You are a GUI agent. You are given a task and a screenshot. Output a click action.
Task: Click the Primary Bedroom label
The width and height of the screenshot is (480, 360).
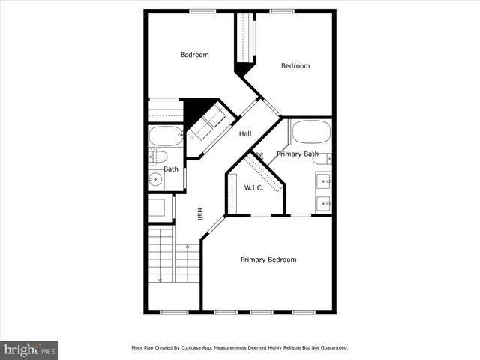point(268,259)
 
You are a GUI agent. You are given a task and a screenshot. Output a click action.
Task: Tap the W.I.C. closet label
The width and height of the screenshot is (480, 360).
point(253,187)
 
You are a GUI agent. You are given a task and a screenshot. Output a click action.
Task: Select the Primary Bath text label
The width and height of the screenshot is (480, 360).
point(297,154)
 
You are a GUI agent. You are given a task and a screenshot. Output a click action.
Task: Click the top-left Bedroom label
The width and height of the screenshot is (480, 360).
point(194,55)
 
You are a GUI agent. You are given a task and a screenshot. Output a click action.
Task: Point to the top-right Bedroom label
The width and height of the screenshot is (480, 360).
point(295,66)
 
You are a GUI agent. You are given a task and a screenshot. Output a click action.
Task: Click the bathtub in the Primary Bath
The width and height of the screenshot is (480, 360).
point(310,132)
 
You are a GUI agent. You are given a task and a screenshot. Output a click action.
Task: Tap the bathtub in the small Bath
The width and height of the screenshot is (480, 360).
point(166,136)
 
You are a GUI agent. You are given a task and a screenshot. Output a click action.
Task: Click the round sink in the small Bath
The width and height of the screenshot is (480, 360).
point(155,178)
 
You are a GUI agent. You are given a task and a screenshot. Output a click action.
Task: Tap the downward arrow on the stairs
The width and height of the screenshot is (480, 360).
point(160,279)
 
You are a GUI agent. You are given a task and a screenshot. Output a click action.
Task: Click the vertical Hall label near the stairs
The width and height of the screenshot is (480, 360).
point(199,214)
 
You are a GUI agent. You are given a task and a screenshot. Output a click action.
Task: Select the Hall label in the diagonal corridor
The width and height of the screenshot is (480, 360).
point(245,134)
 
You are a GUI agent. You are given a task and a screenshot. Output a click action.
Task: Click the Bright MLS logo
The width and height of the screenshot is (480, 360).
point(29,349)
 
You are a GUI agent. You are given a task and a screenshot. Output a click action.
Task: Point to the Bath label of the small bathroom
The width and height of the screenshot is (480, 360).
point(171,169)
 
